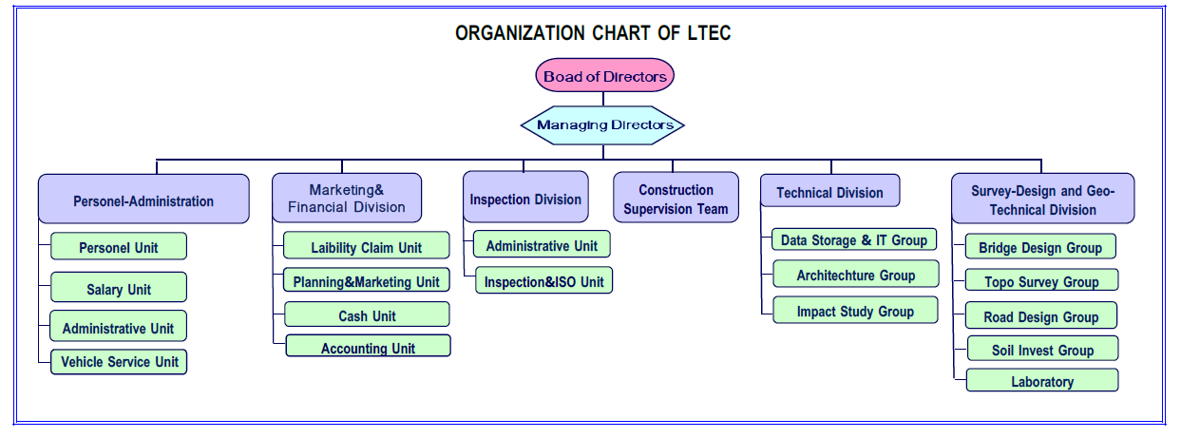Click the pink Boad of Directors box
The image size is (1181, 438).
coord(604,75)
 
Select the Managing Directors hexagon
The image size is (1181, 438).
coord(602,125)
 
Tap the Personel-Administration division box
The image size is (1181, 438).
coord(143,199)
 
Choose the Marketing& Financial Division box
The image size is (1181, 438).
coord(347,198)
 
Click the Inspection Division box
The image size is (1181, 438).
coord(525,197)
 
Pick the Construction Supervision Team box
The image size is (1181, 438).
coord(676,197)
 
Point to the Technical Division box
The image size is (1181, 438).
coord(829,191)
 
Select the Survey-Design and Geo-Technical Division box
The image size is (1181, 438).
coord(1043,199)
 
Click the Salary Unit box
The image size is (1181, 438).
coord(119,287)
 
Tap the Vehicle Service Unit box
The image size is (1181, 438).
coord(119,362)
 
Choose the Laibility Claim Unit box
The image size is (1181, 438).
coord(367,246)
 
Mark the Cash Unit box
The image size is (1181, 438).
coord(367,314)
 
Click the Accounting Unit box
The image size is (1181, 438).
coord(368,346)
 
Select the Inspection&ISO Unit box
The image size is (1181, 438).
coord(544,280)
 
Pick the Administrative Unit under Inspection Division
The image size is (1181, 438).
coord(542,244)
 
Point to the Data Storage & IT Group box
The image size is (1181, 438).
coord(854,239)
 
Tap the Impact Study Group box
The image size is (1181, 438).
coord(855,311)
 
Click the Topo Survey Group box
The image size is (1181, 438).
coord(1042,280)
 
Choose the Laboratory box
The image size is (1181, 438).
coord(1042,381)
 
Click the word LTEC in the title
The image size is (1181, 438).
coord(709,33)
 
